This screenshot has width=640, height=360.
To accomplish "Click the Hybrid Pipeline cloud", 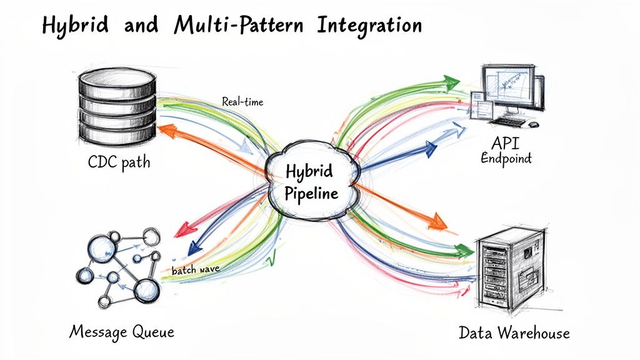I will pos(311,182).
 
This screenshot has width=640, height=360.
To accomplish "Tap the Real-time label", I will pos(242,101).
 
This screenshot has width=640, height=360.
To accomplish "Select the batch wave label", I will pos(194,269).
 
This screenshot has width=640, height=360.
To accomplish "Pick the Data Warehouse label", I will pos(514,332).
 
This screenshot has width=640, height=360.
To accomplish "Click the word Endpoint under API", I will pos(506,158).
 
